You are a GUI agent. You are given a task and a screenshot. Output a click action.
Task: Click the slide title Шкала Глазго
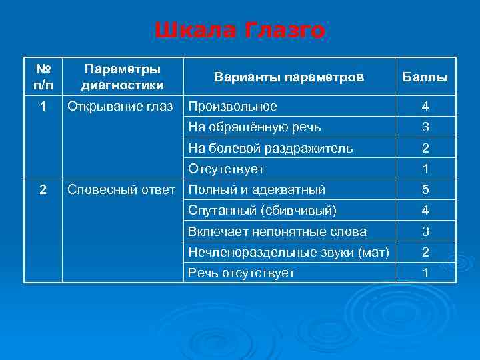pos(240,31)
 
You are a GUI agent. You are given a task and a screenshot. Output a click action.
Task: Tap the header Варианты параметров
pos(289,77)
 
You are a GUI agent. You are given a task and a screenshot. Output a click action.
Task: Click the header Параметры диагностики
pos(122,77)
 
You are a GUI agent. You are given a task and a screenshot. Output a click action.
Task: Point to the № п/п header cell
pos(43,77)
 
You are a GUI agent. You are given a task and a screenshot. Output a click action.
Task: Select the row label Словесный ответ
pos(122,190)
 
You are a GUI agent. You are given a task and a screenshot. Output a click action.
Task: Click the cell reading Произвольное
pos(233,107)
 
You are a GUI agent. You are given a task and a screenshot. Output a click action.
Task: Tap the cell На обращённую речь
pos(254,127)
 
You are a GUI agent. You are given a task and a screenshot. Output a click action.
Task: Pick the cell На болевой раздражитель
pos(271,148)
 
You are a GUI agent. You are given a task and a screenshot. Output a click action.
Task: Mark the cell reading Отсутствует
pos(226,169)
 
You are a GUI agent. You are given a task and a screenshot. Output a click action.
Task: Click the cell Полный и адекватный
pos(257,190)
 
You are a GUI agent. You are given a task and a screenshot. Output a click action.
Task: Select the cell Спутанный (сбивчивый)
pos(263,211)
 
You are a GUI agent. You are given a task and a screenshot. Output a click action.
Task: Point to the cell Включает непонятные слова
pos(277,231)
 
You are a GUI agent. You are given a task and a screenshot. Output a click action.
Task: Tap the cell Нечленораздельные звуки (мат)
pos(288,252)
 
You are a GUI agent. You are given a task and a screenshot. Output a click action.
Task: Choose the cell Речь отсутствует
pos(241,273)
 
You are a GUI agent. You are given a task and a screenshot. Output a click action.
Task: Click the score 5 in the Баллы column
pos(425,190)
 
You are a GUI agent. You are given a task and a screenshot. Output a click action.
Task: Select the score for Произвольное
pos(425,107)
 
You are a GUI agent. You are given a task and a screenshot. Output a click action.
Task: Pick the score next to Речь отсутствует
pos(425,273)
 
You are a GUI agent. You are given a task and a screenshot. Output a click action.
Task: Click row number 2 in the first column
pos(43,190)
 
